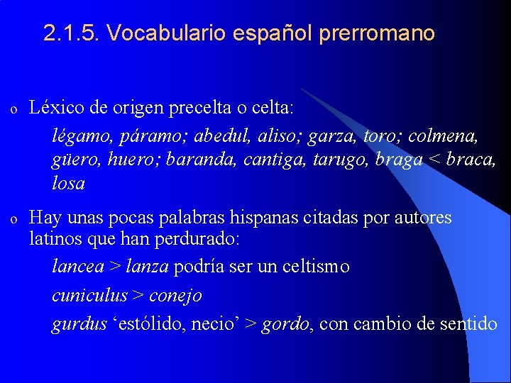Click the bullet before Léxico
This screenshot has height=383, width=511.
pyautogui.click(x=13, y=109)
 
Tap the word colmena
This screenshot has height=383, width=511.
pyautogui.click(x=448, y=135)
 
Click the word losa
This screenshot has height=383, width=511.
pyautogui.click(x=68, y=184)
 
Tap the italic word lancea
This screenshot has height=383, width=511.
pyautogui.click(x=77, y=267)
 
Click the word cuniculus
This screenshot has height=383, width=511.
pyautogui.click(x=89, y=295)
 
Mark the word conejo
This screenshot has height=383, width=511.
pyautogui.click(x=175, y=295)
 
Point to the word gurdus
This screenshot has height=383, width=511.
pyautogui.click(x=77, y=324)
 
